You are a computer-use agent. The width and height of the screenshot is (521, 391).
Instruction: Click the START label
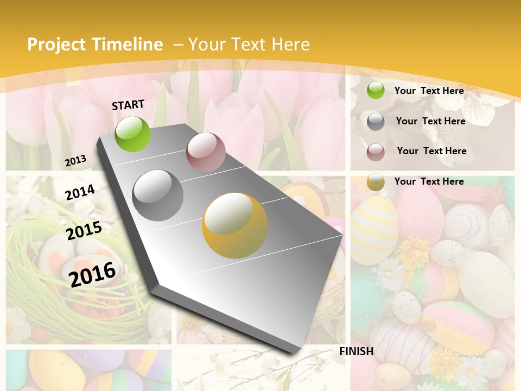pyautogui.click(x=128, y=105)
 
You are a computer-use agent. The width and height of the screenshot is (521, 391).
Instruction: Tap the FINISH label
pyautogui.click(x=357, y=351)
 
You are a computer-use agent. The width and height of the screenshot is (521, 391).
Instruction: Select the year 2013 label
pyautogui.click(x=76, y=160)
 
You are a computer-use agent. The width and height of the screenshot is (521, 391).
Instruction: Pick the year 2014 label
pyautogui.click(x=80, y=192)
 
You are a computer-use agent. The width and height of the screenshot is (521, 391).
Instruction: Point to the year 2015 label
pyautogui.click(x=84, y=231)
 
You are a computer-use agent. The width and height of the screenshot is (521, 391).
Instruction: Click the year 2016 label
pyautogui.click(x=92, y=274)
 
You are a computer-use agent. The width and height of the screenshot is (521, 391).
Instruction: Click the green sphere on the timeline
pyautogui.click(x=133, y=134)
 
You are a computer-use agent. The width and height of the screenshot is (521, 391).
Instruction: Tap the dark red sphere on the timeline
pyautogui.click(x=206, y=152)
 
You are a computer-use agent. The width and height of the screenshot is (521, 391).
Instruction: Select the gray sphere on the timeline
pyautogui.click(x=158, y=195)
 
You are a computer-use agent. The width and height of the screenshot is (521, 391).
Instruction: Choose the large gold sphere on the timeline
pyautogui.click(x=235, y=225)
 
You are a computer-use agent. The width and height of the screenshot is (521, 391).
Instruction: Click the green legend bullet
pyautogui.click(x=376, y=90)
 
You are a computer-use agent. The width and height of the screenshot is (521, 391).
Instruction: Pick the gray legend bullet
pyautogui.click(x=376, y=122)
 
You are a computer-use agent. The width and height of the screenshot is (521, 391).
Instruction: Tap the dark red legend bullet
pyautogui.click(x=376, y=152)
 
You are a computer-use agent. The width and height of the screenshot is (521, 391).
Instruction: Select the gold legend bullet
pyautogui.click(x=376, y=182)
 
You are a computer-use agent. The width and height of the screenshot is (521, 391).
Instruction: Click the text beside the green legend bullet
pyautogui.click(x=429, y=91)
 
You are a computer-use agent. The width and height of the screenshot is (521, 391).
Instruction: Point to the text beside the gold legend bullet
pyautogui.click(x=429, y=181)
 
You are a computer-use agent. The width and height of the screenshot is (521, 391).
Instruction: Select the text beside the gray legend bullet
pyautogui.click(x=431, y=121)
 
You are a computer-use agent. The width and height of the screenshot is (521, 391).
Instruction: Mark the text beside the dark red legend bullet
pyautogui.click(x=432, y=151)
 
